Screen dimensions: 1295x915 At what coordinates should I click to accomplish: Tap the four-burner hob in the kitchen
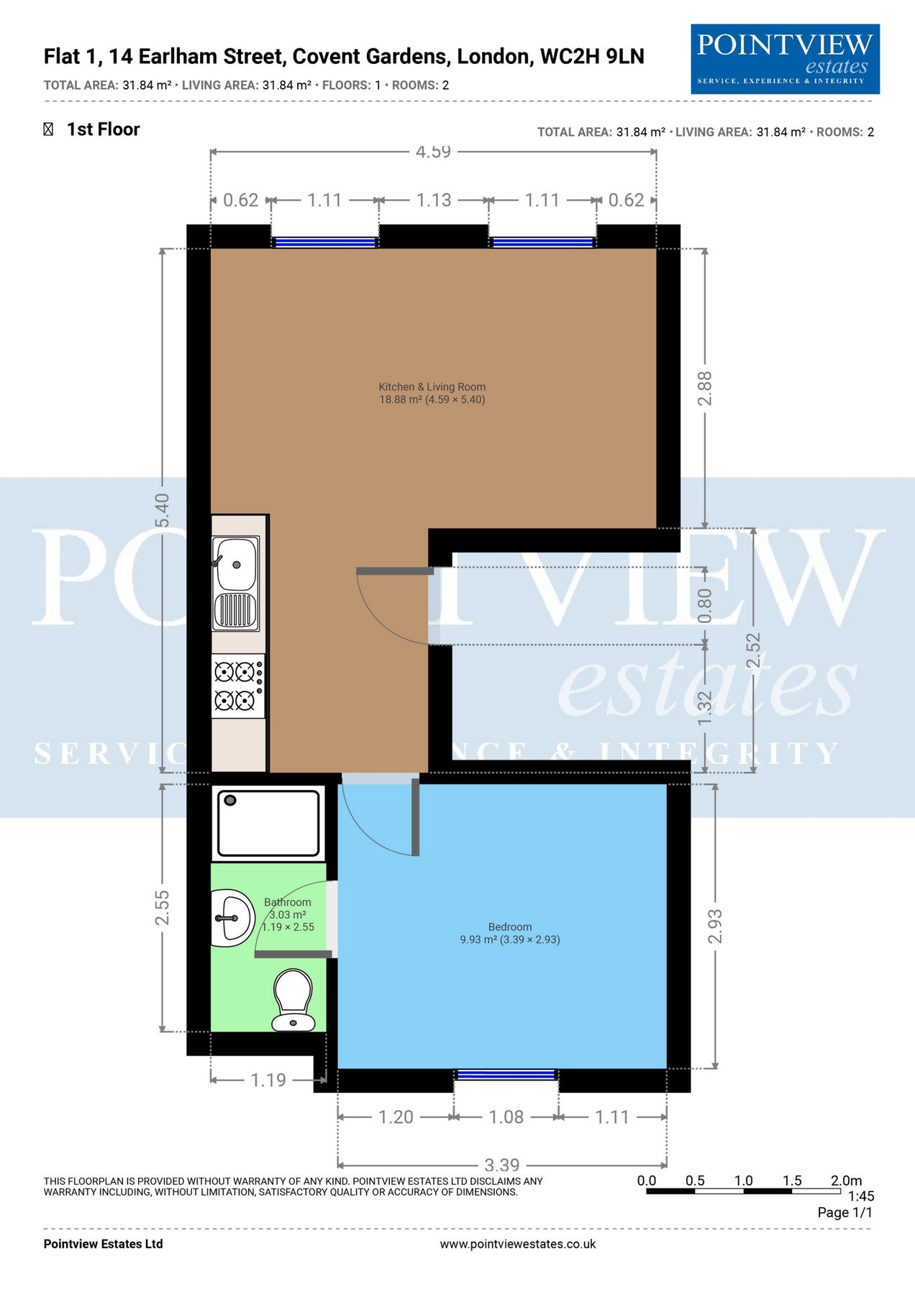click(238, 686)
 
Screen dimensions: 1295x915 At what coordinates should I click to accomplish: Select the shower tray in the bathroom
click(269, 823)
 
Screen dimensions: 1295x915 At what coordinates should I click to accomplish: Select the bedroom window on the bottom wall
click(506, 1075)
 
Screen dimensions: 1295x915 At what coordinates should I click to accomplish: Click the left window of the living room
click(326, 242)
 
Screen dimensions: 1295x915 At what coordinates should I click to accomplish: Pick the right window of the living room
click(543, 242)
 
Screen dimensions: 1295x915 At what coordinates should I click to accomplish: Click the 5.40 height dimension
click(163, 509)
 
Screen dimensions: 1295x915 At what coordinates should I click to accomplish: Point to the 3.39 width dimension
click(501, 1165)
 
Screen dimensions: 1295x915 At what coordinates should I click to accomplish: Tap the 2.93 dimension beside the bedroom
click(714, 926)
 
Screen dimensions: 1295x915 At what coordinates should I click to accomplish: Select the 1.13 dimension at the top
click(434, 200)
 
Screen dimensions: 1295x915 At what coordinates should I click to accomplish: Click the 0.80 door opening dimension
click(705, 606)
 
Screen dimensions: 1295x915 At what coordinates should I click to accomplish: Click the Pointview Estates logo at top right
click(785, 59)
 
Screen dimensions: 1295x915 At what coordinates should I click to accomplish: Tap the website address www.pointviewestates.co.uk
click(518, 1244)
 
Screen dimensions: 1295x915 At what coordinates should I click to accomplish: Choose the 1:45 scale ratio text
click(860, 1196)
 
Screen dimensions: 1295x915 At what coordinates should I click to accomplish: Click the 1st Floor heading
click(103, 129)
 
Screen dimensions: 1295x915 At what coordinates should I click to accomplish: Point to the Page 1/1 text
click(845, 1212)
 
